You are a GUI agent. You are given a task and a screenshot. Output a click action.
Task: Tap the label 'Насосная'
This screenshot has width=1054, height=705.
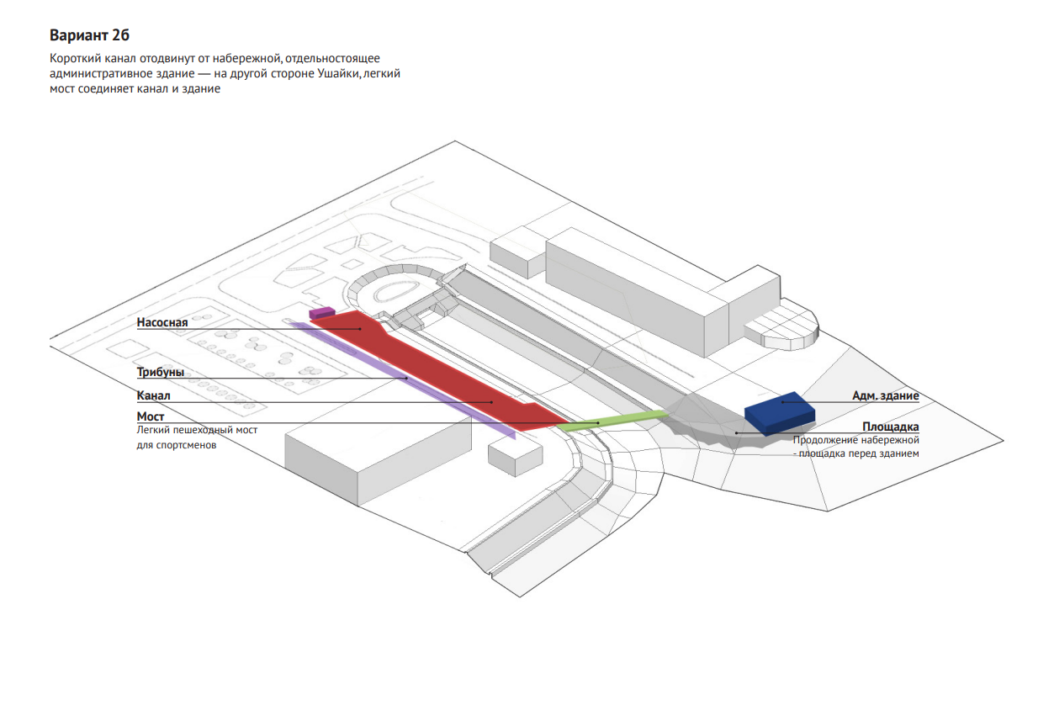(x=162, y=322)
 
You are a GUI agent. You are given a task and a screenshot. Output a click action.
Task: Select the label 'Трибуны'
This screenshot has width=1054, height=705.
(x=160, y=372)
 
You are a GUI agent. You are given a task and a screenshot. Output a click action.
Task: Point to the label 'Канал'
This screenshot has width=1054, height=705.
(x=153, y=395)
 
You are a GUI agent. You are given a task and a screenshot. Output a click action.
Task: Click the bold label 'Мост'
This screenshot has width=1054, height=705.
(x=151, y=416)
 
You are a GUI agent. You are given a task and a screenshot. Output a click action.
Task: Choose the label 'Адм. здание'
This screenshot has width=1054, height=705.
(x=885, y=395)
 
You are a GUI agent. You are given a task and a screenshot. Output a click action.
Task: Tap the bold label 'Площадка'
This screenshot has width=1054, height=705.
(x=890, y=427)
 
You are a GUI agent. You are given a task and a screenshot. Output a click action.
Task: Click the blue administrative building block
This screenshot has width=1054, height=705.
(x=779, y=411)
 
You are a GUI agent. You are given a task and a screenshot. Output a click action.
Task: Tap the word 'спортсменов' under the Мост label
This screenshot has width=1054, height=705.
(x=177, y=446)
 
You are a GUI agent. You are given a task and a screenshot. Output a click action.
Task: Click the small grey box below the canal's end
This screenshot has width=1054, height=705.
(x=515, y=456)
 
